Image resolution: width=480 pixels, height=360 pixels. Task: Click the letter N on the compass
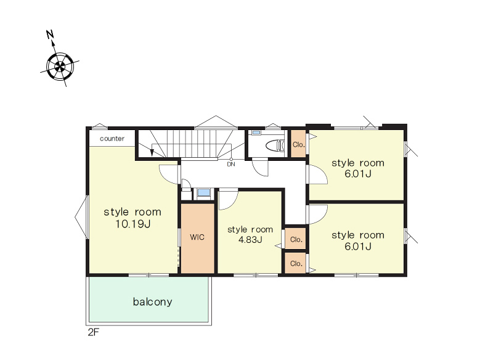tap(50, 34)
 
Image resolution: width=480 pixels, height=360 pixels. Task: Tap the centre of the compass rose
tap(60, 66)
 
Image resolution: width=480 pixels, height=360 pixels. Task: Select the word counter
tap(112, 139)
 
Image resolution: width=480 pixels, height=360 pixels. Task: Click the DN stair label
tap(231, 164)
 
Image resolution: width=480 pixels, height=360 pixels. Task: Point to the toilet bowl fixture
tap(275, 145)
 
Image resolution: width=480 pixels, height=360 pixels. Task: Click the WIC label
tap(197, 237)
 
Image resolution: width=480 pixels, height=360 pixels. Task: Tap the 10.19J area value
tap(132, 224)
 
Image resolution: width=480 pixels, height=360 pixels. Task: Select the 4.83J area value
tap(250, 239)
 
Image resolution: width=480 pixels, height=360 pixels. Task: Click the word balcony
tap(152, 302)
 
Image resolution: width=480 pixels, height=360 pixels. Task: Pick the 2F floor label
tap(94, 332)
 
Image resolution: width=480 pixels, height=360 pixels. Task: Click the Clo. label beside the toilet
tap(298, 144)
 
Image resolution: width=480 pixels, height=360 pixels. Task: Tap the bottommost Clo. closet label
tap(296, 263)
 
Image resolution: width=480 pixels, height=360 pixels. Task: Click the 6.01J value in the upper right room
tap(358, 174)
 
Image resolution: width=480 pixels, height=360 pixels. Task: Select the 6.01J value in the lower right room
tap(358, 247)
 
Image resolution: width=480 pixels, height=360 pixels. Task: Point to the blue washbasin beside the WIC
tap(204, 193)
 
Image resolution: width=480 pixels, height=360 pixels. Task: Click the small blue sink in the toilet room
tap(256, 133)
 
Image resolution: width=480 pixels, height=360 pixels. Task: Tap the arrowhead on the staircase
tap(152, 153)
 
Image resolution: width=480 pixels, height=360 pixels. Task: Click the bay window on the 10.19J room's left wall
tap(81, 217)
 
